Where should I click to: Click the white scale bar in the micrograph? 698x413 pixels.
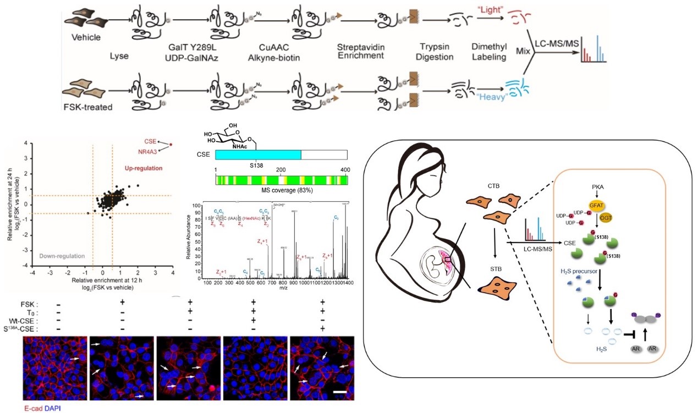[x=339, y=392]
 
